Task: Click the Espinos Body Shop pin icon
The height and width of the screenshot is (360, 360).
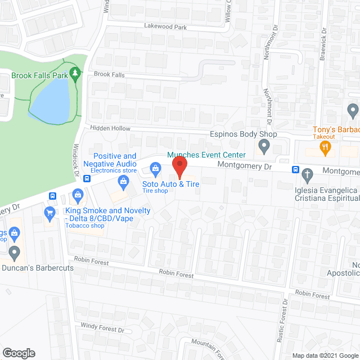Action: [x=263, y=147]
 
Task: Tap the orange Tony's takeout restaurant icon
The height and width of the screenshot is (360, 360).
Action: [x=325, y=148]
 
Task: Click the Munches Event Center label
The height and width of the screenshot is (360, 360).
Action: [x=206, y=155]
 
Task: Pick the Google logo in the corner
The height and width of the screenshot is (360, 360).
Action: [x=19, y=353]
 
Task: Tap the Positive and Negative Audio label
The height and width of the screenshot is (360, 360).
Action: [x=115, y=160]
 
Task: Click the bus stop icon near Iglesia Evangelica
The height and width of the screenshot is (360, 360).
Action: [x=295, y=170]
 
